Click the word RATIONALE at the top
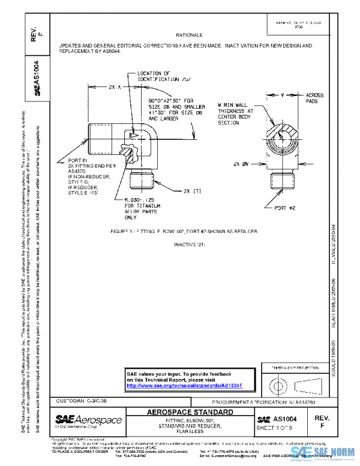(189, 35)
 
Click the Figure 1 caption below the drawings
(184, 231)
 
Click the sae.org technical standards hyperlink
(184, 386)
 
